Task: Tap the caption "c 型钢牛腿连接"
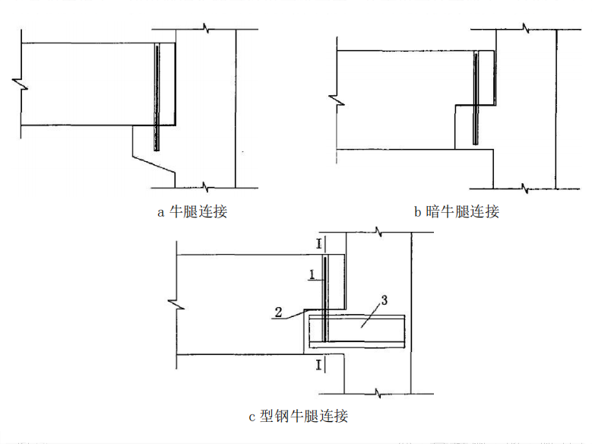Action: point(298,416)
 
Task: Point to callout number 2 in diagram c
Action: point(280,312)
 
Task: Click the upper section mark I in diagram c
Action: point(319,244)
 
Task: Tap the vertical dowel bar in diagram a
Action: point(157,99)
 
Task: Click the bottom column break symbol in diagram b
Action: point(524,187)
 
